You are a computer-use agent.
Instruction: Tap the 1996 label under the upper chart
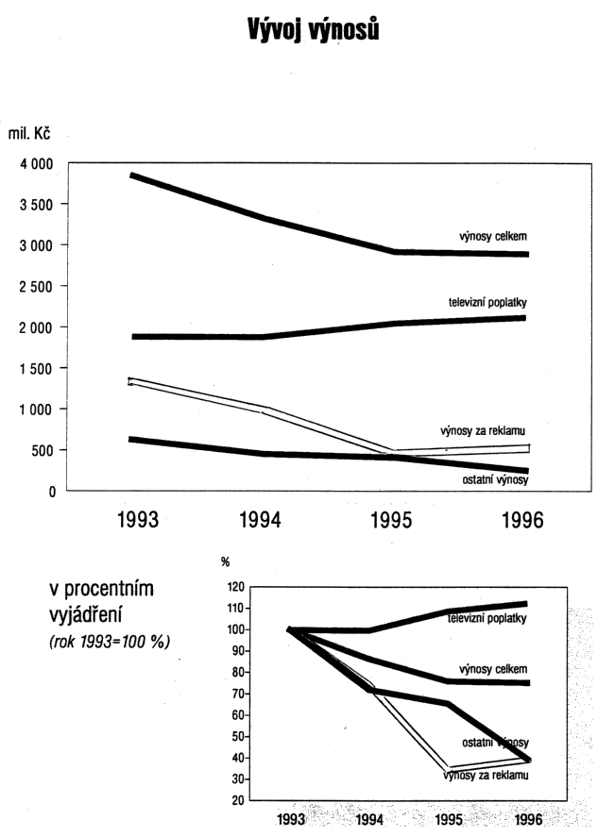click(x=522, y=522)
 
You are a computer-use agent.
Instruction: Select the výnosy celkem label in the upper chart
click(x=488, y=235)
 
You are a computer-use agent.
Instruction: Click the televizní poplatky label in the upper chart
click(x=487, y=303)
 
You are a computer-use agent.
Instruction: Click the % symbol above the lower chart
click(x=226, y=562)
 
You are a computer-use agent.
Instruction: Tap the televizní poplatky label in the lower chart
click(x=487, y=618)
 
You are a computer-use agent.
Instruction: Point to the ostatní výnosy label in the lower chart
click(x=495, y=743)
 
